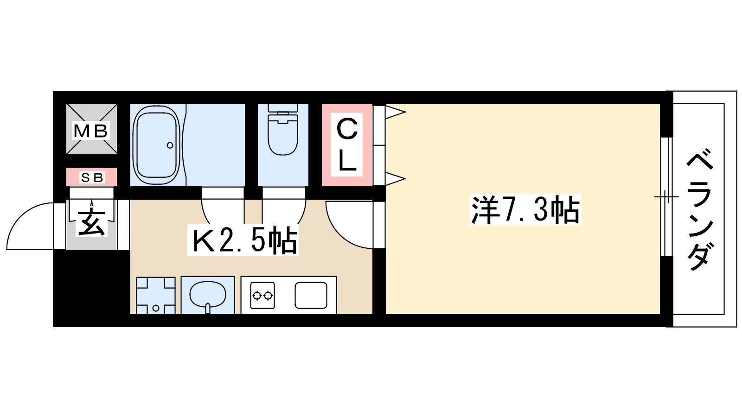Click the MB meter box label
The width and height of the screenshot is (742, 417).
[91, 131]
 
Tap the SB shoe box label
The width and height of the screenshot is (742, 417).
[92, 178]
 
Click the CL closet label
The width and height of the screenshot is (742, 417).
[346, 145]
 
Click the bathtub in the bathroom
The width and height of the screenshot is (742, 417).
[157, 145]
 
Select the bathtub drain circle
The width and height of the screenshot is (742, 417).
[170, 145]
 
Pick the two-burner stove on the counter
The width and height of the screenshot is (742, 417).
[262, 295]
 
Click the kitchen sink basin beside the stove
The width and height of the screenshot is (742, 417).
[311, 295]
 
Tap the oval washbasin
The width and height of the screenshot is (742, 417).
[208, 295]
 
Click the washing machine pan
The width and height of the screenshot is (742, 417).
[156, 295]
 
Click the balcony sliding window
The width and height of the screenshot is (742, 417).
[666, 196]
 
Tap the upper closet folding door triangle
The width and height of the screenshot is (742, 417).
[395, 112]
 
